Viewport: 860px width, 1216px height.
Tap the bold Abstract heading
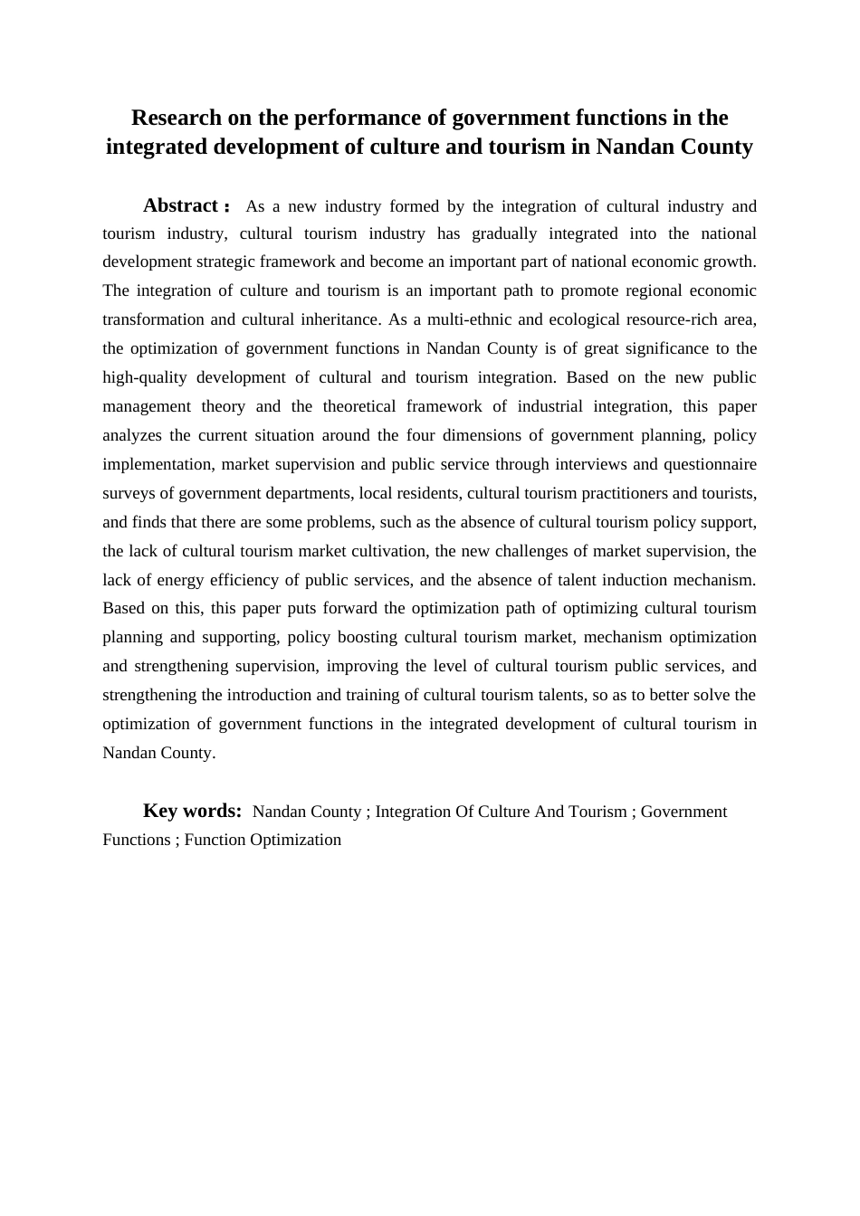coord(181,206)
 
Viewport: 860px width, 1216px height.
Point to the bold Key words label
coord(192,811)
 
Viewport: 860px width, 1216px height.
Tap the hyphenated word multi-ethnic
coord(463,319)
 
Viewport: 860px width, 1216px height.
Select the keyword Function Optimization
coord(263,840)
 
